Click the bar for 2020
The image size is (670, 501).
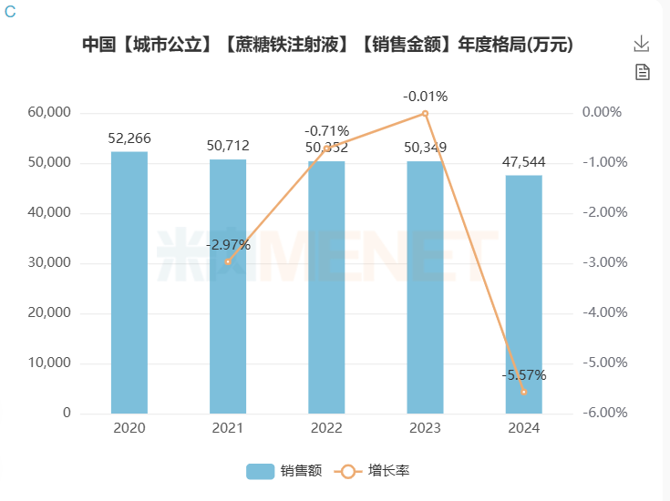[x=129, y=282]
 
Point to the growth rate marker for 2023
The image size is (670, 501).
[x=425, y=114]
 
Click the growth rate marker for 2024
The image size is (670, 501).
[x=523, y=392]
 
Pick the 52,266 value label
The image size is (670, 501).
[x=129, y=139]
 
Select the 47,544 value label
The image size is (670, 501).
[x=523, y=162]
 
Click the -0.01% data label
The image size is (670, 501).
[x=425, y=96]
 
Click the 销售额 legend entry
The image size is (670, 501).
[x=283, y=471]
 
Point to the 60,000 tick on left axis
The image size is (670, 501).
[x=49, y=113]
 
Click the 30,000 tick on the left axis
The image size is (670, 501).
[x=49, y=262]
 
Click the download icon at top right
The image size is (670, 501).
[x=642, y=44]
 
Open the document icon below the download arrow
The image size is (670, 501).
[x=642, y=73]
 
